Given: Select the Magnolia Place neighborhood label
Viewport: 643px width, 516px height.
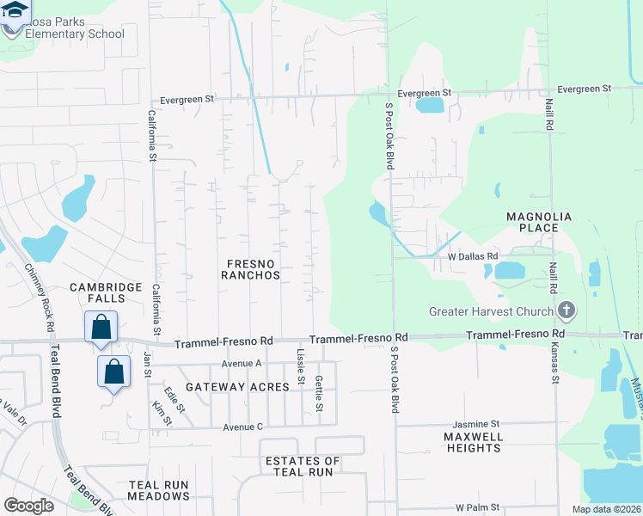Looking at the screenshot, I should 539,222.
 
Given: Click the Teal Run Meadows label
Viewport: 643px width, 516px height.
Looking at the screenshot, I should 158,490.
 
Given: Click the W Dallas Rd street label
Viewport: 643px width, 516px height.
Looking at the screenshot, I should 472,256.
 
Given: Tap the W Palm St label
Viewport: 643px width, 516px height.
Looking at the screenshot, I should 477,508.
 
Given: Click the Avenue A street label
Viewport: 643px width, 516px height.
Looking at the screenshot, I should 241,363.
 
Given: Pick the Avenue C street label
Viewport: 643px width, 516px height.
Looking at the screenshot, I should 242,427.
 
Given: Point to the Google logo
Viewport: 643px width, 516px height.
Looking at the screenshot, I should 28,505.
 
